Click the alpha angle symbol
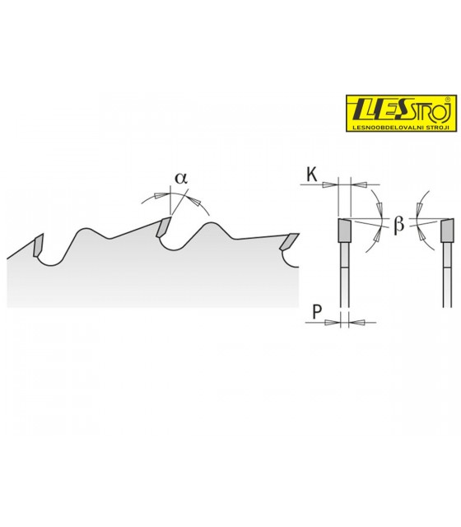click(181, 178)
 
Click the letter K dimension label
click(312, 175)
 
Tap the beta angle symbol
click(398, 224)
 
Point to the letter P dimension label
click(317, 312)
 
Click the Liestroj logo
click(401, 114)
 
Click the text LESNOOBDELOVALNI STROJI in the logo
click(401, 128)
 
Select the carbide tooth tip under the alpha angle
click(163, 227)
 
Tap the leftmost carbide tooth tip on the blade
click(38, 245)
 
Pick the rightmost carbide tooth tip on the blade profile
click(289, 241)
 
